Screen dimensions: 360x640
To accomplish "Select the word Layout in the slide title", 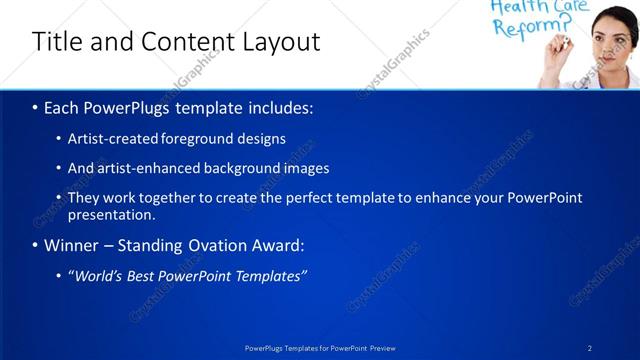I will pyautogui.click(x=281, y=42).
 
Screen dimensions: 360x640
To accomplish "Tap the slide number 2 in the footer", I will pyautogui.click(x=590, y=347).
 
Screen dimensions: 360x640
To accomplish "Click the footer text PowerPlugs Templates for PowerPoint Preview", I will pyautogui.click(x=319, y=347).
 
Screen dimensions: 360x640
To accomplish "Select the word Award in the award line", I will pyautogui.click(x=275, y=245).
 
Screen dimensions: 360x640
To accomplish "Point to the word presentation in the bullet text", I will pyautogui.click(x=111, y=214).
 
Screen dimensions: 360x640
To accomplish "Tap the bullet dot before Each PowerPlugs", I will pyautogui.click(x=35, y=107).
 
